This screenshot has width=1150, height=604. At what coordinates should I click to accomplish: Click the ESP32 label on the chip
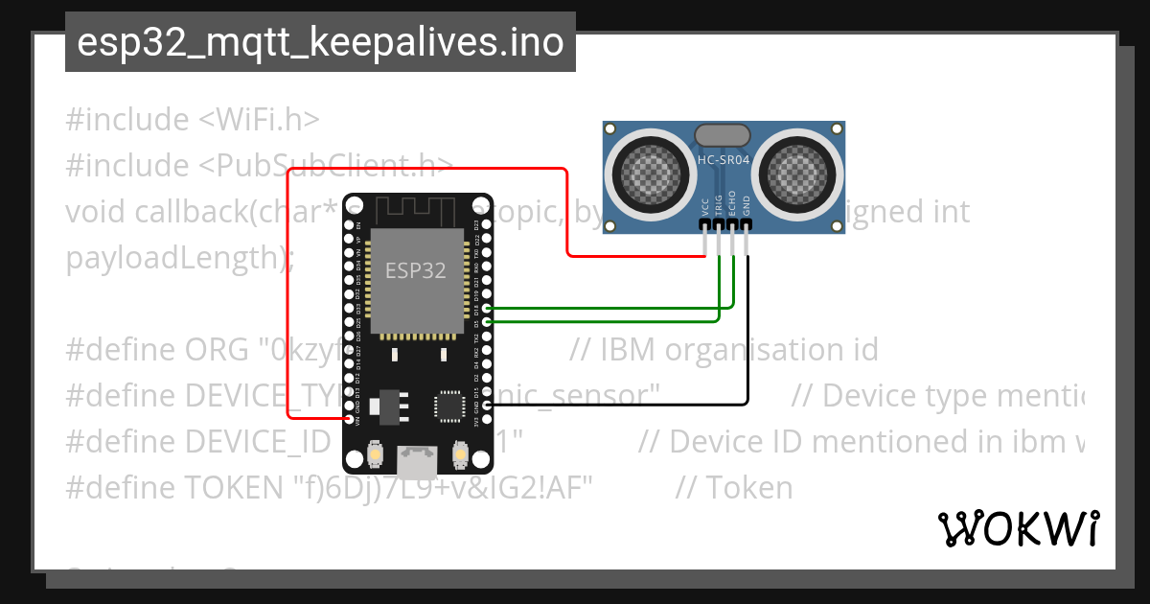(416, 270)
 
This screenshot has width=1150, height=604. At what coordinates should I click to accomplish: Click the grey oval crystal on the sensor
(724, 136)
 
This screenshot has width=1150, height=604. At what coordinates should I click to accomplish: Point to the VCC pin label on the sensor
(705, 207)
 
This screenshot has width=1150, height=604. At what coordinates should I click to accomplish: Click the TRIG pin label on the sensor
(719, 205)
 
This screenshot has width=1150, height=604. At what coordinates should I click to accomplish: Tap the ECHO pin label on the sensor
(732, 205)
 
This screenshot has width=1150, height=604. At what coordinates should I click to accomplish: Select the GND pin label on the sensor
(746, 206)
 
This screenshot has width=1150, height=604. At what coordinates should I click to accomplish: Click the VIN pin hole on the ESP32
(346, 419)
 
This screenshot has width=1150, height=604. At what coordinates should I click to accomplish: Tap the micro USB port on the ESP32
(418, 463)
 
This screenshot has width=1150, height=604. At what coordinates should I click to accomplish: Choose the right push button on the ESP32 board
(459, 453)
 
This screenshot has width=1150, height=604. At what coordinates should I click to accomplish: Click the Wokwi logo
(1018, 528)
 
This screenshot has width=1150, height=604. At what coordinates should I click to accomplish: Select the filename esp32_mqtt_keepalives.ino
(320, 42)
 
